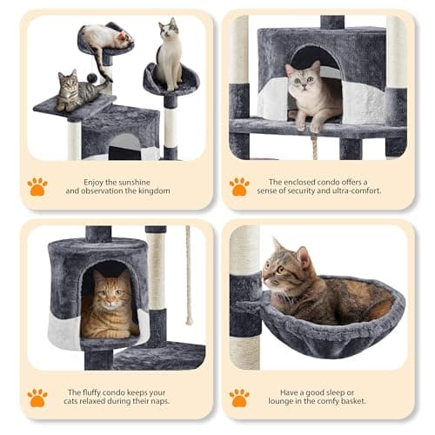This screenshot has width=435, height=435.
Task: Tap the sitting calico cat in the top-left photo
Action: click(x=170, y=56)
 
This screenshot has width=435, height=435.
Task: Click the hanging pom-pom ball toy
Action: click(x=91, y=78)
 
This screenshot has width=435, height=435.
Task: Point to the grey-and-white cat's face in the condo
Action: click(x=302, y=78)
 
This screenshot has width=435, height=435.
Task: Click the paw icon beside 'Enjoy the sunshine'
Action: click(x=37, y=186)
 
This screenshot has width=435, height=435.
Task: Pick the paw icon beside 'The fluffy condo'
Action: click(x=37, y=398)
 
